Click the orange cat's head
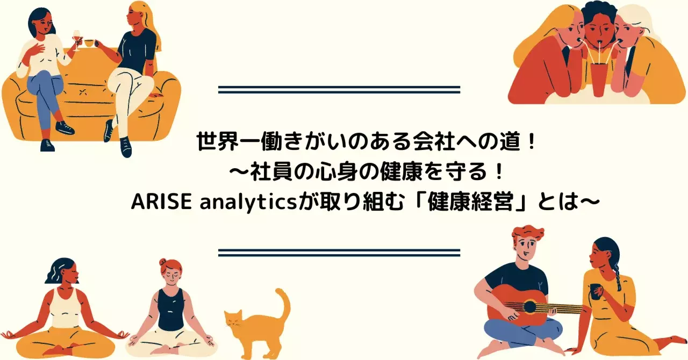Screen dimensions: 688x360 pos(233,320)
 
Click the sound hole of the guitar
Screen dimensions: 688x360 pos(529,307)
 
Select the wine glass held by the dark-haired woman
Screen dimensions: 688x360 pos(77,40)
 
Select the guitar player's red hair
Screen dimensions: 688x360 pos(527,234)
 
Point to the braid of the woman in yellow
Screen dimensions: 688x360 pos(617,277)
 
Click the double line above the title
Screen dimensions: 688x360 pos(339,89)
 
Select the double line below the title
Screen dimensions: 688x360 pos(339,253)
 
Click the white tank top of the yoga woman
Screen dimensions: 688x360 pos(65,308)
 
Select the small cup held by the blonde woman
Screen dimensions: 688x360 pos(89,44)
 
